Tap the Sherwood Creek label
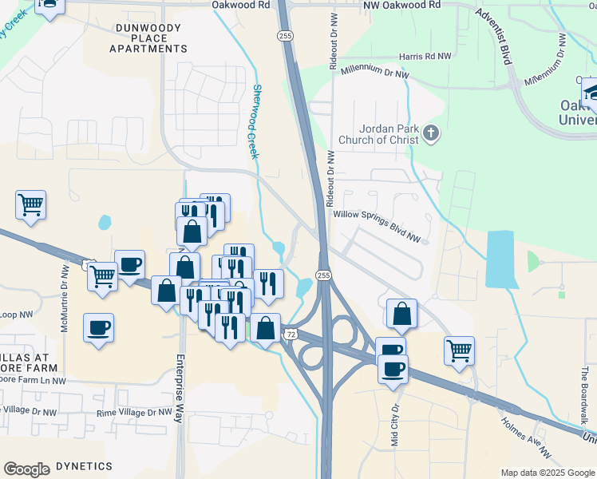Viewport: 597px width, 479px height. [255, 121]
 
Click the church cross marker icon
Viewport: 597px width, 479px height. [432, 133]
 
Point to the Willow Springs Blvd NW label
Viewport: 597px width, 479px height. [378, 215]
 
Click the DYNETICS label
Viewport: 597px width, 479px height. [90, 465]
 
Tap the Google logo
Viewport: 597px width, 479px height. [26, 469]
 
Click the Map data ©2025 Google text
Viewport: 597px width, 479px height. [548, 473]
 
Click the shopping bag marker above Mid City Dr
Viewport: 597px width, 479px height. [402, 314]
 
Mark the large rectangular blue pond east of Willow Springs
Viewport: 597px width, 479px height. [500, 259]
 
